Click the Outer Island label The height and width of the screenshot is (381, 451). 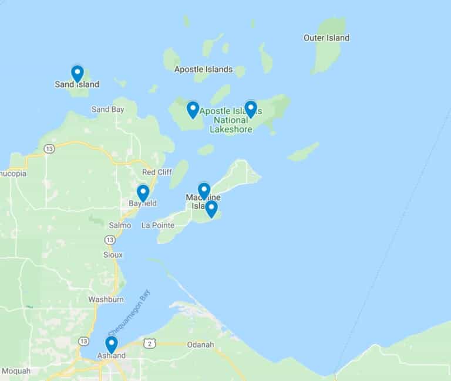(x=326, y=38)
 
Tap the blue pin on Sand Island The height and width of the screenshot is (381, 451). (x=77, y=73)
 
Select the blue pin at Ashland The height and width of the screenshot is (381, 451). (x=111, y=344)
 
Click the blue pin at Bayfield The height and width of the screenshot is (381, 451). (x=143, y=193)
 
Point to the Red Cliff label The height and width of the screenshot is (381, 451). (x=156, y=172)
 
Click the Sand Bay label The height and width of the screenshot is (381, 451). (x=108, y=110)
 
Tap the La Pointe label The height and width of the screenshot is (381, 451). (x=156, y=225)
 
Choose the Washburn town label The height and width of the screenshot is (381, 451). (x=106, y=300)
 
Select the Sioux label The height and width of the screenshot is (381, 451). (x=113, y=255)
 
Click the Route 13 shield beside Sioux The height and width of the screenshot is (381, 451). (x=110, y=240)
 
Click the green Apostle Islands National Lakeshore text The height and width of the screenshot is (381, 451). (x=231, y=120)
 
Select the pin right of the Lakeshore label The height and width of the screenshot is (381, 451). (x=251, y=109)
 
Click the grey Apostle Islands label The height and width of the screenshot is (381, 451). (x=203, y=69)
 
